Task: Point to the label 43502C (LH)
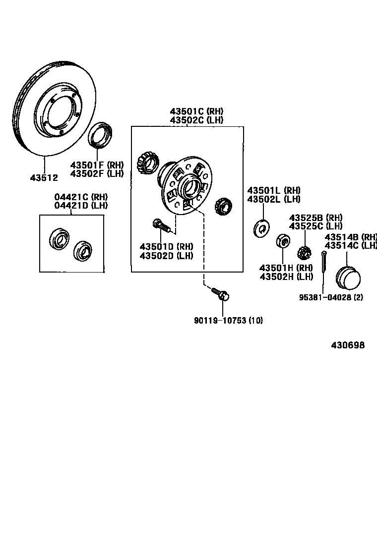pos(196,120)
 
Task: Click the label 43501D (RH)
pos(166,246)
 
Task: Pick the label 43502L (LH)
pos(274,199)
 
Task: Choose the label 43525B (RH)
pos(316,218)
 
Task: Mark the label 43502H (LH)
pos(286,276)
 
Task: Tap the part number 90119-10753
pos(221,320)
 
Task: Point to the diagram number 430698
pos(348,345)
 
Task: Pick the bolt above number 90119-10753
pos(220,294)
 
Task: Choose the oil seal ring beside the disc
pos(101,134)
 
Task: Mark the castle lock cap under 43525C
pos(304,253)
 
